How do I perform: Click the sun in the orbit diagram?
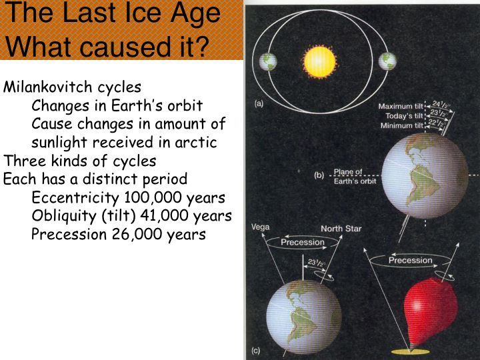point(319,62)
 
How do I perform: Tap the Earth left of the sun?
point(268,61)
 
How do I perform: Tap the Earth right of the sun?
point(387,61)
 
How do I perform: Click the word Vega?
point(260,227)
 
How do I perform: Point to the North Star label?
point(341,229)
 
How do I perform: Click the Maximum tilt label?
point(401,106)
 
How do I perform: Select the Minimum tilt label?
point(401,125)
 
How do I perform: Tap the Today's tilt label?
point(404,116)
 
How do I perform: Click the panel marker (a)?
point(259,103)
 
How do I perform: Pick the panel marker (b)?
point(319,175)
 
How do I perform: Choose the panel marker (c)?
point(255,351)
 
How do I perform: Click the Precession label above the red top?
point(410,260)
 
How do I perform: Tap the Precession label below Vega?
point(303,242)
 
